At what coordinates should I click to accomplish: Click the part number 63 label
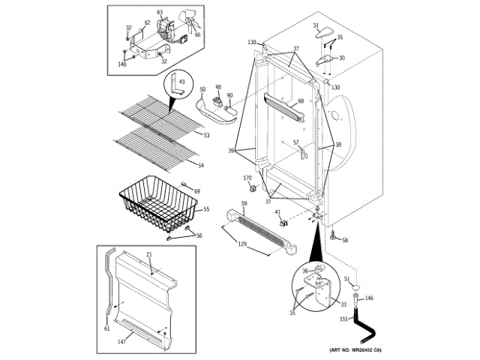[159, 13]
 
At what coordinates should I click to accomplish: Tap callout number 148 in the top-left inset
[121, 64]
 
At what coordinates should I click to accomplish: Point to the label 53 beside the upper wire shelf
[205, 135]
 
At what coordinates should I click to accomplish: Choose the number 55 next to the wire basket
[205, 210]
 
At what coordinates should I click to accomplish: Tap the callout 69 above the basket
[196, 192]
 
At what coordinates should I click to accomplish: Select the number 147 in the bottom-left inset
[122, 342]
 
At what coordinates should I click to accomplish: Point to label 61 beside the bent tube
[106, 328]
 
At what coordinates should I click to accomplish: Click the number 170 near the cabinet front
[248, 178]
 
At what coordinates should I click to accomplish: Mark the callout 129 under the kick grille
[241, 245]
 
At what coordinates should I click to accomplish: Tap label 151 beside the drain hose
[343, 319]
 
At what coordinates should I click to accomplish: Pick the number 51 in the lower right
[347, 278]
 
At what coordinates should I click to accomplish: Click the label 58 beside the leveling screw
[345, 240]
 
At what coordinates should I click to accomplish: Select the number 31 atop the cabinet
[316, 26]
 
